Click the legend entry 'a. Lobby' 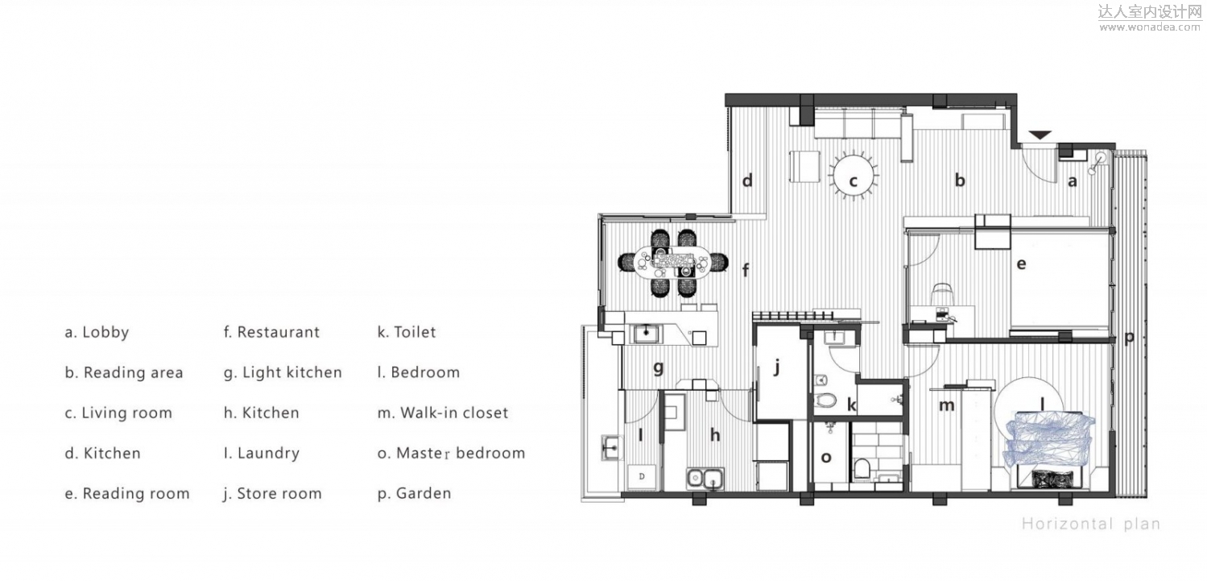click(97, 332)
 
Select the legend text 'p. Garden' click(415, 494)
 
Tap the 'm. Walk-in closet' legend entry click(443, 413)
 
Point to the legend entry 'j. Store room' click(273, 494)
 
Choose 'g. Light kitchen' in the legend click(283, 373)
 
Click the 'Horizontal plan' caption click(1090, 524)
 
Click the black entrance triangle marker click(1040, 135)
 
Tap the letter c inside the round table click(853, 181)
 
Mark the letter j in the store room click(776, 368)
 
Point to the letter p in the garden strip click(1130, 338)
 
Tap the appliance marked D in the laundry click(642, 477)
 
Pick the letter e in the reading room click(1021, 264)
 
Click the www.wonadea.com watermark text click(1150, 27)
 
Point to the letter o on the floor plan click(826, 458)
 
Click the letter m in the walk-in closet click(947, 405)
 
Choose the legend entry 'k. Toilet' click(407, 332)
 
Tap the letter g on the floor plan click(658, 368)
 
